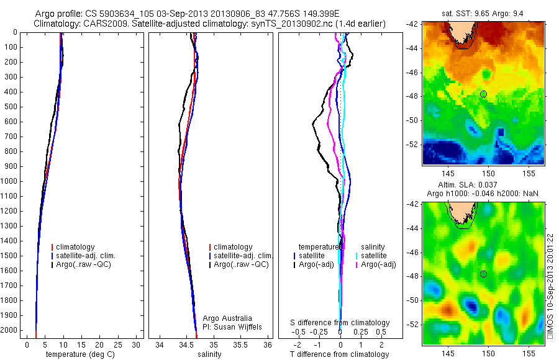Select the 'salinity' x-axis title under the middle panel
tap(208, 354)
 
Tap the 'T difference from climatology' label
tap(340, 354)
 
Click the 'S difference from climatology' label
tap(340, 323)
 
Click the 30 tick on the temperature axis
tap(137, 344)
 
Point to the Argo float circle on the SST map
tap(483, 94)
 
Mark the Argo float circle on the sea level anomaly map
tap(483, 274)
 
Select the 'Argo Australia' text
tap(227, 318)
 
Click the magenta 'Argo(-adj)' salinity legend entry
tap(378, 264)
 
